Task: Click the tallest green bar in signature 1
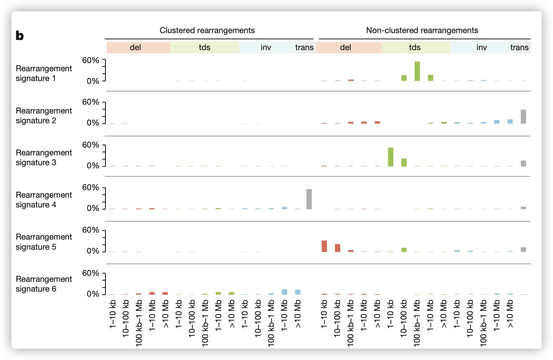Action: click(x=417, y=71)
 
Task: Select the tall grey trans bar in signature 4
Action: click(x=309, y=199)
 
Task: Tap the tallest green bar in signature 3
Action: click(x=391, y=157)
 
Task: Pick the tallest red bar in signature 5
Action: click(x=324, y=246)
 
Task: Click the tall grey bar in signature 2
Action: click(x=523, y=117)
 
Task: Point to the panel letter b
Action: click(x=20, y=36)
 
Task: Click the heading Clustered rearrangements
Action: click(x=207, y=30)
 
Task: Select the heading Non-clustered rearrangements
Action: click(x=422, y=30)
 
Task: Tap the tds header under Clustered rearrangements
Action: click(x=204, y=47)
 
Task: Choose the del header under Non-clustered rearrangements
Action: click(x=345, y=47)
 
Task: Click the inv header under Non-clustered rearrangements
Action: click(x=481, y=47)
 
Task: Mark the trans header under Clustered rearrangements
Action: click(x=304, y=47)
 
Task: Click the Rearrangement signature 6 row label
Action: click(x=44, y=284)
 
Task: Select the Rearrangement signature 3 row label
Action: click(x=44, y=157)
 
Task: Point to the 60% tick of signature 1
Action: click(x=91, y=60)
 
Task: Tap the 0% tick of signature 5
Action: click(x=93, y=251)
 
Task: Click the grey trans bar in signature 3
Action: click(x=523, y=163)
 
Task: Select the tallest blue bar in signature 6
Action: click(x=284, y=292)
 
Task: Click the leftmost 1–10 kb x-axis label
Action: click(x=113, y=314)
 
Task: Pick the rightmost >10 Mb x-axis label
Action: click(x=510, y=314)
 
